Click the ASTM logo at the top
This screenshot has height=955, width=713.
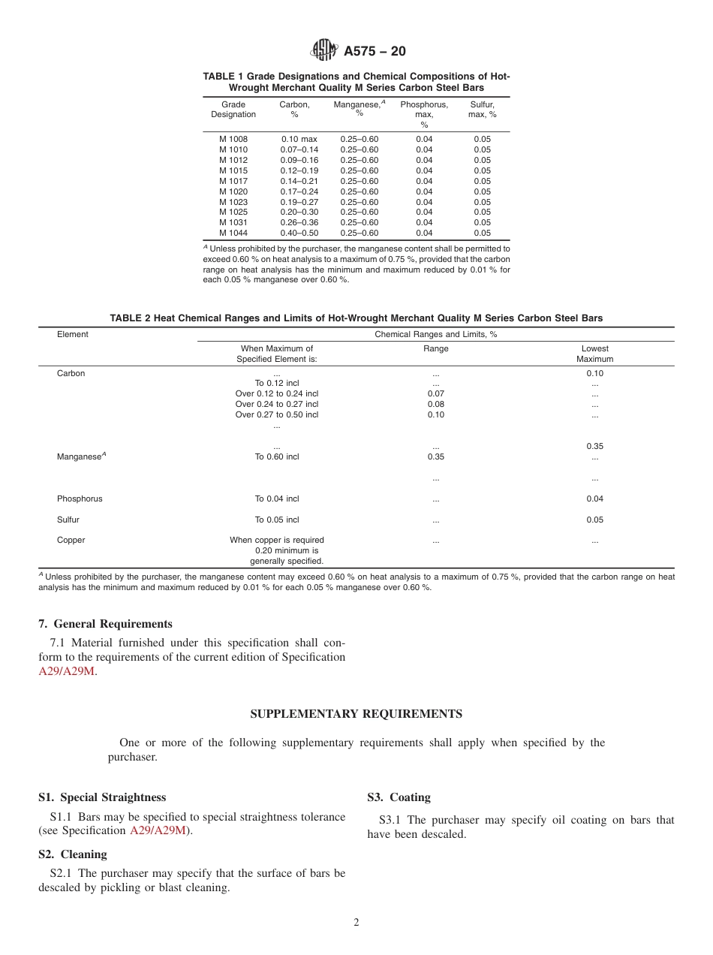tap(325, 51)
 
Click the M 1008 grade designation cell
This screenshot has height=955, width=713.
tap(233, 139)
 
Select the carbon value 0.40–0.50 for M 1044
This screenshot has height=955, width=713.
tap(299, 233)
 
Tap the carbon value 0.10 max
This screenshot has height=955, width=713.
tap(299, 139)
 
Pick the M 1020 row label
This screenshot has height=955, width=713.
tap(233, 191)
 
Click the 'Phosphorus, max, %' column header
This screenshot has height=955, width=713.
tap(424, 114)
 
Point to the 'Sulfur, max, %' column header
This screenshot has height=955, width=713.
tap(482, 110)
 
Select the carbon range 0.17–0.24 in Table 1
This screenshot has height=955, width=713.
tap(299, 191)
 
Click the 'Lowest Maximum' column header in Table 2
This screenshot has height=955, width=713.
tap(594, 354)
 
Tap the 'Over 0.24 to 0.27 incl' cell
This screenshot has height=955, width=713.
tap(276, 404)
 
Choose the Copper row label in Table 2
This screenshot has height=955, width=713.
tap(71, 540)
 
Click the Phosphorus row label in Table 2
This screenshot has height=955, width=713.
tap(80, 499)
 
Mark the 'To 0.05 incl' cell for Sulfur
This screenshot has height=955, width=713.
tap(276, 520)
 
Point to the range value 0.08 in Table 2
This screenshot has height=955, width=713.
tap(435, 404)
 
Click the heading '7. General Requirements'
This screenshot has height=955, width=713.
tap(105, 624)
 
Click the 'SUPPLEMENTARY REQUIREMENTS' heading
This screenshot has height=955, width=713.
tap(356, 714)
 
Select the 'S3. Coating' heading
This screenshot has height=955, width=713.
tap(399, 797)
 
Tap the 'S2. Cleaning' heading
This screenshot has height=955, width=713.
tap(73, 854)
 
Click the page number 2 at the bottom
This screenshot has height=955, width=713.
tap(356, 923)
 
